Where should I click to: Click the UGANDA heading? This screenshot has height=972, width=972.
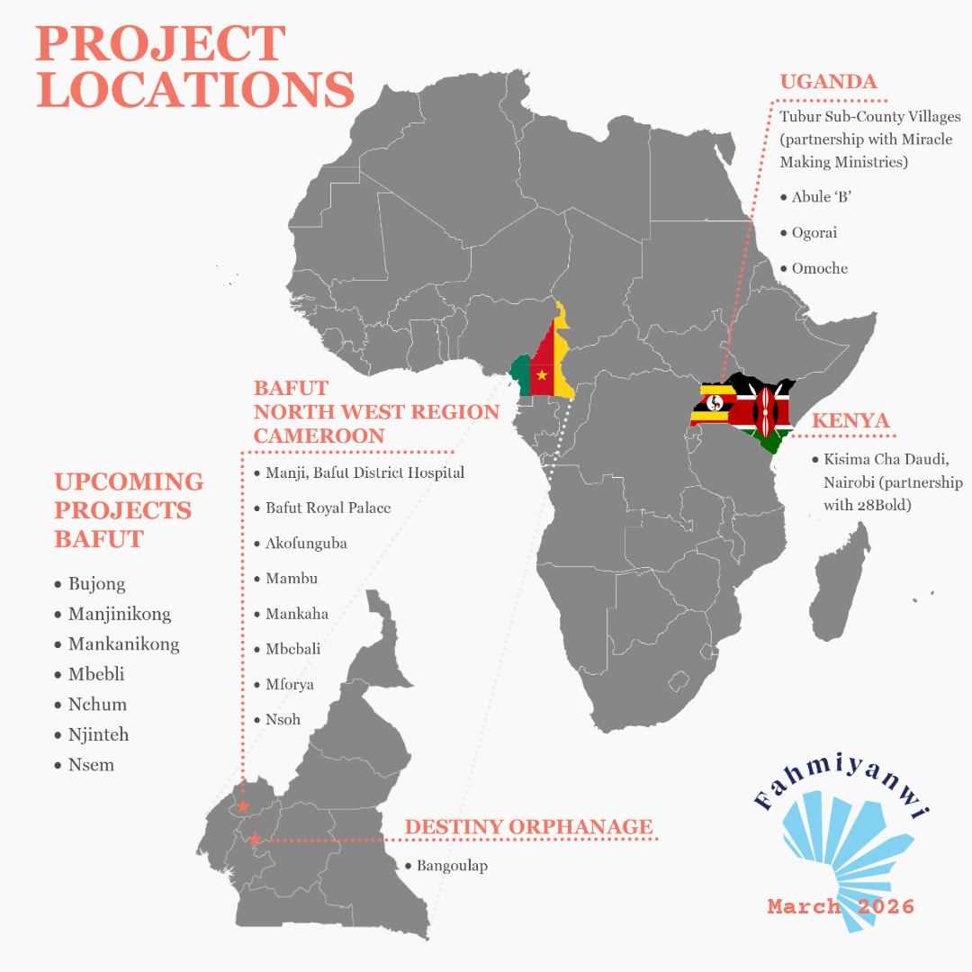click(x=828, y=82)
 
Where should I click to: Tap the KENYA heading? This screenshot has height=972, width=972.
click(x=850, y=421)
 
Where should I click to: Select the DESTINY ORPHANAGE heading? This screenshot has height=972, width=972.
click(x=528, y=827)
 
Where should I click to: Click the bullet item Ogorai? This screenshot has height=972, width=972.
click(x=814, y=232)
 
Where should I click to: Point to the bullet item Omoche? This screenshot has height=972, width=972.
click(x=819, y=268)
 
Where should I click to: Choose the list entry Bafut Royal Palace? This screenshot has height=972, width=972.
click(x=328, y=508)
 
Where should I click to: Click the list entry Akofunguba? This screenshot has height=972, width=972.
click(x=306, y=543)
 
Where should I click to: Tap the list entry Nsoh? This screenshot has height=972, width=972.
click(x=283, y=719)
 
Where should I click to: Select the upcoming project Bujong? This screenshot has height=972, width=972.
click(x=96, y=584)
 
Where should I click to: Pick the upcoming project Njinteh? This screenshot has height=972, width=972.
click(x=98, y=734)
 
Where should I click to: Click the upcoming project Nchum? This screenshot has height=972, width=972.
click(x=97, y=704)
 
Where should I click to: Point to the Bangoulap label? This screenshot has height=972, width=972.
click(x=451, y=866)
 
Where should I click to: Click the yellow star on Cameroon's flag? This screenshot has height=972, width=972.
click(x=542, y=374)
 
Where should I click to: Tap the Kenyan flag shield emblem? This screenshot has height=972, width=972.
click(x=765, y=410)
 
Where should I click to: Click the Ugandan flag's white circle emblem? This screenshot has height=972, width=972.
click(x=716, y=402)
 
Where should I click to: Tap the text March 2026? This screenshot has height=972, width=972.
click(x=841, y=906)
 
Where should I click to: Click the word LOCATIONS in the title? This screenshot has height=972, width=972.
click(x=194, y=90)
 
